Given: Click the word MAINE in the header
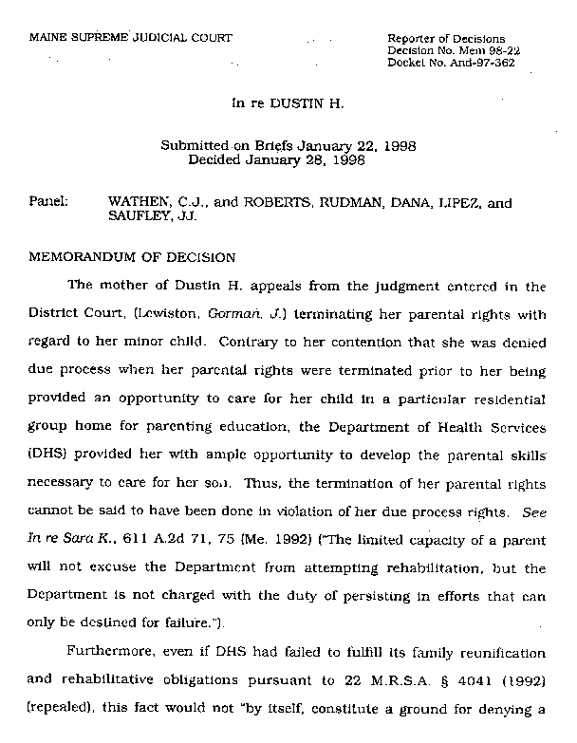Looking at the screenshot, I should (48, 38).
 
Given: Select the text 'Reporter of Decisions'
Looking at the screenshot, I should (446, 38).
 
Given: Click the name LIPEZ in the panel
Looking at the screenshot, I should (459, 202).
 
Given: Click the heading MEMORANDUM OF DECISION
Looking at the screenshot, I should (133, 256).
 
